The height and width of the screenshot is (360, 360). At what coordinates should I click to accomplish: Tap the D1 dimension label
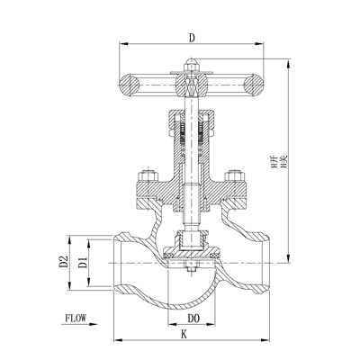click(x=82, y=262)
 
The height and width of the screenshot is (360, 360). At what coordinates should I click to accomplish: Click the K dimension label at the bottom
click(x=184, y=335)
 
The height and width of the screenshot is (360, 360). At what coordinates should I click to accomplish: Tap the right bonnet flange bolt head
click(x=237, y=175)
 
